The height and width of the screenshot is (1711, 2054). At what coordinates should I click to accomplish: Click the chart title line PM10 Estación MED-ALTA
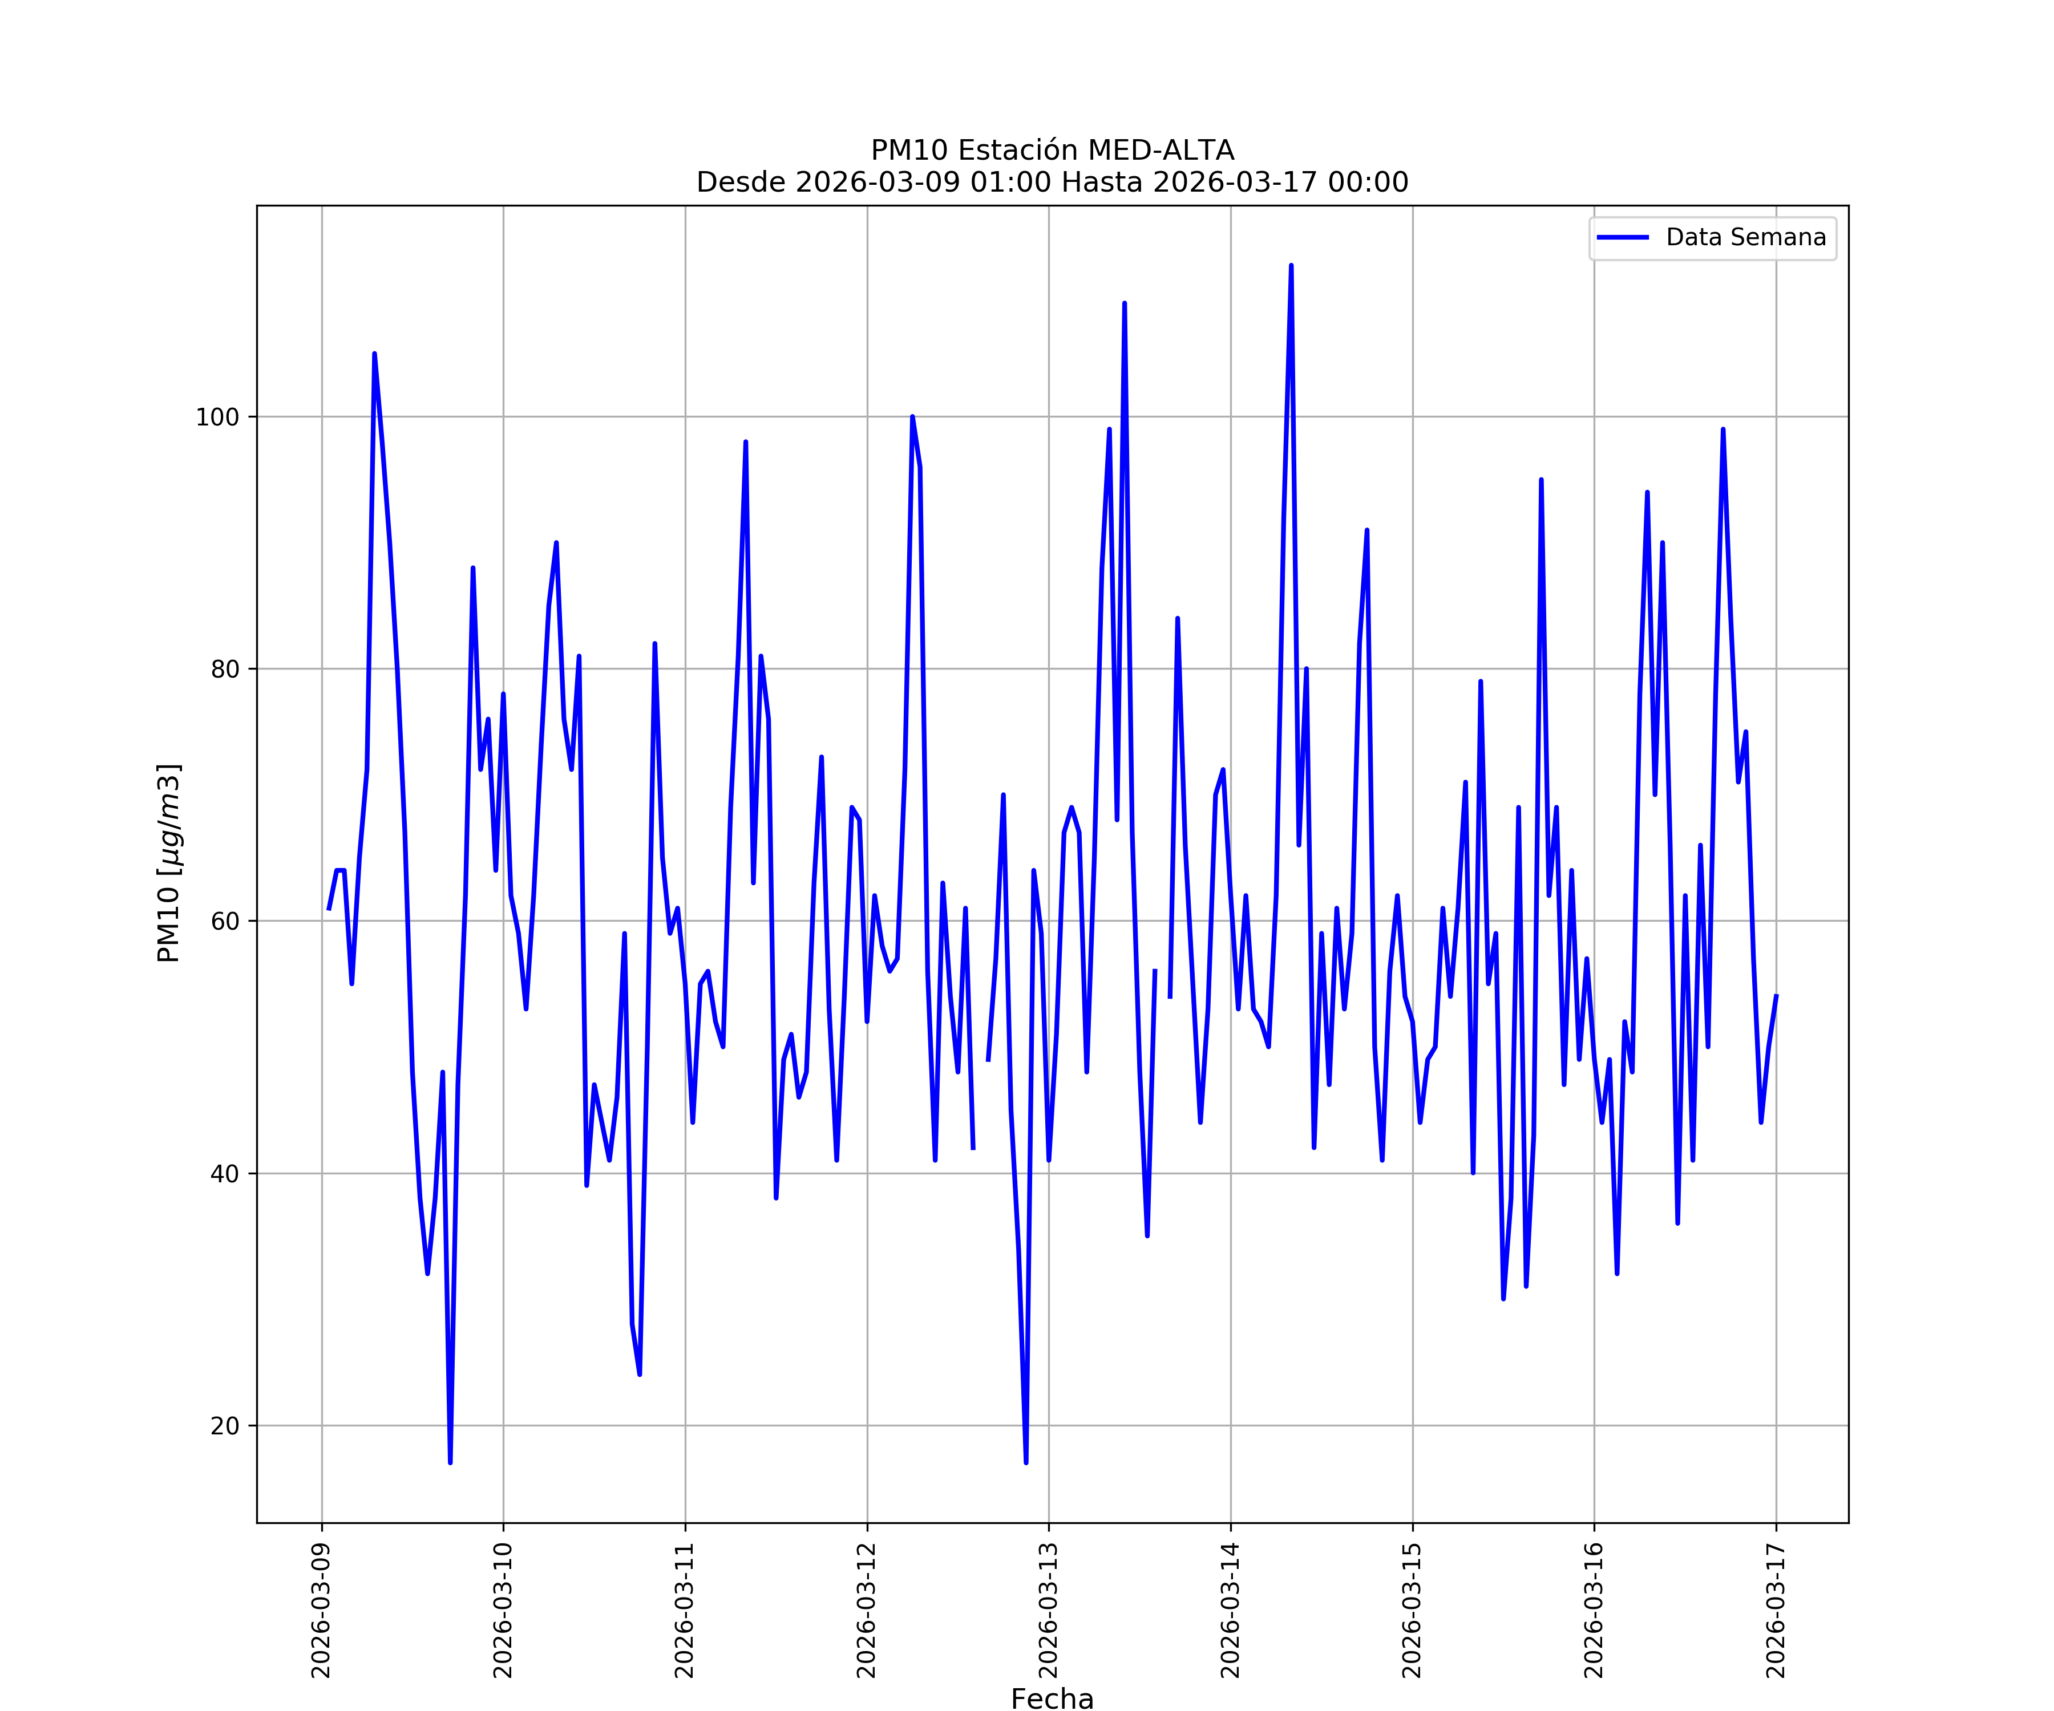(x=1053, y=151)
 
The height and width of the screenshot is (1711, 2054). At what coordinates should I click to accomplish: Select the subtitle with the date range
(x=1053, y=182)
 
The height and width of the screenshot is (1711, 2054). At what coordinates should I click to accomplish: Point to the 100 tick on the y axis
(x=217, y=417)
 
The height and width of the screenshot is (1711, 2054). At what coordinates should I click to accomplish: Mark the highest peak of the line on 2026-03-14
(x=1291, y=266)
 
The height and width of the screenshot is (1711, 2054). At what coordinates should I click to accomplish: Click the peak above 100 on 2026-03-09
(x=375, y=354)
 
